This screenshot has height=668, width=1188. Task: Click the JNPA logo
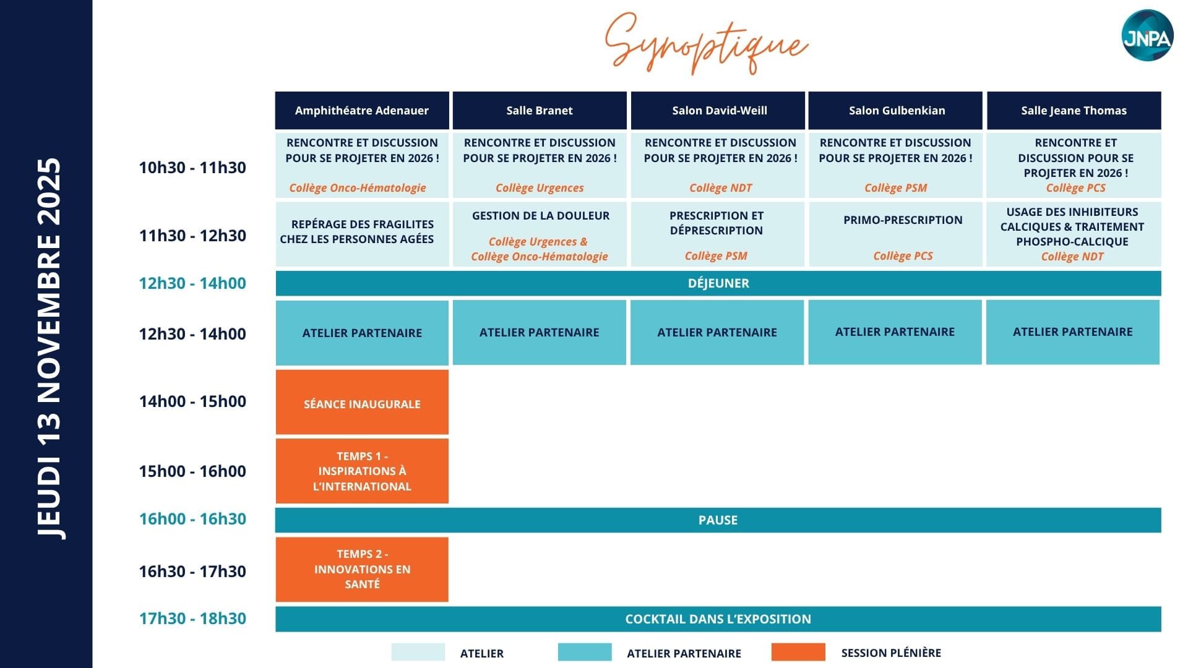(1148, 35)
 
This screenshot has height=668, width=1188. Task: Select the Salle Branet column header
(540, 111)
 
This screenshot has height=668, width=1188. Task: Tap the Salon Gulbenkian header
(895, 111)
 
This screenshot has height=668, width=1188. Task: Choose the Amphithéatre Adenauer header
(362, 111)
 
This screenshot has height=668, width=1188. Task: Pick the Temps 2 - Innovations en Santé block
(362, 569)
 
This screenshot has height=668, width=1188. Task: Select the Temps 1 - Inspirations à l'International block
(362, 471)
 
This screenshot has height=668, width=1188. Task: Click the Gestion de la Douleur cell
(540, 234)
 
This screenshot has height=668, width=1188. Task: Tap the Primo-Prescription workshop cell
(895, 234)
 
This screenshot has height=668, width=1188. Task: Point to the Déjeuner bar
(718, 283)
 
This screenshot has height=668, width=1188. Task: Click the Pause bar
(718, 520)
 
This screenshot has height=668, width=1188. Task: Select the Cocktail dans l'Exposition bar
(718, 619)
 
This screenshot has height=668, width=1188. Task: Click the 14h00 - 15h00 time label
(192, 401)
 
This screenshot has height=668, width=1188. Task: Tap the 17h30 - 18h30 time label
(192, 619)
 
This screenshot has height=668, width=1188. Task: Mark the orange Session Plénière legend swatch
(798, 652)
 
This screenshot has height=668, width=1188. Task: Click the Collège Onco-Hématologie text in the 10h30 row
(358, 188)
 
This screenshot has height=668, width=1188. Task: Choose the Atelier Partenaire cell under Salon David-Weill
(717, 332)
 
